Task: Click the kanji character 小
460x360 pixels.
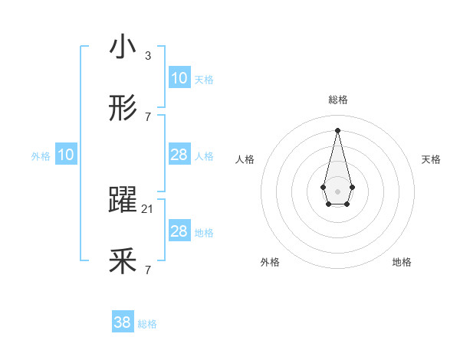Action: (x=123, y=47)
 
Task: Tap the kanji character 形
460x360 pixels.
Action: (x=123, y=109)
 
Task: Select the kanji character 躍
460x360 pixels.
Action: (x=123, y=201)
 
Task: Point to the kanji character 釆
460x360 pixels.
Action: (x=123, y=262)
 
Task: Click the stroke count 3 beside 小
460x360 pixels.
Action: (x=147, y=55)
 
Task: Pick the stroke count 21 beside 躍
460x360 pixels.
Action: (x=148, y=208)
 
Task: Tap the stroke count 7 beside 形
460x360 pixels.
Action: (x=147, y=116)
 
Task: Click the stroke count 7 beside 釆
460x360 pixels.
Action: (x=147, y=270)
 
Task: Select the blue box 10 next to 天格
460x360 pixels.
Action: (x=179, y=78)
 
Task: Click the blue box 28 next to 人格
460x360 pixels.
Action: (x=179, y=155)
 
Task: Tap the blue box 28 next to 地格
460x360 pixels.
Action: (x=179, y=231)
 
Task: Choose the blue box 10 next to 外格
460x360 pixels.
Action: (x=66, y=155)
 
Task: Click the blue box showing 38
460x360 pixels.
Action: (x=123, y=322)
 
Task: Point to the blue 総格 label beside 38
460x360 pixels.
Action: (x=147, y=324)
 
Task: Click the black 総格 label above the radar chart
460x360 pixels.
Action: (x=337, y=100)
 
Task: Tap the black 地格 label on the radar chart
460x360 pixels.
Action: (x=402, y=262)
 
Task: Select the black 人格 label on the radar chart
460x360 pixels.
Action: (x=245, y=159)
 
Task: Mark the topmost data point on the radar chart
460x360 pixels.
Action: (x=337, y=129)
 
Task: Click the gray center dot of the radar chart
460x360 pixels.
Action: (x=337, y=190)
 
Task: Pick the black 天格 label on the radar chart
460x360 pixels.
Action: (x=431, y=159)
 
